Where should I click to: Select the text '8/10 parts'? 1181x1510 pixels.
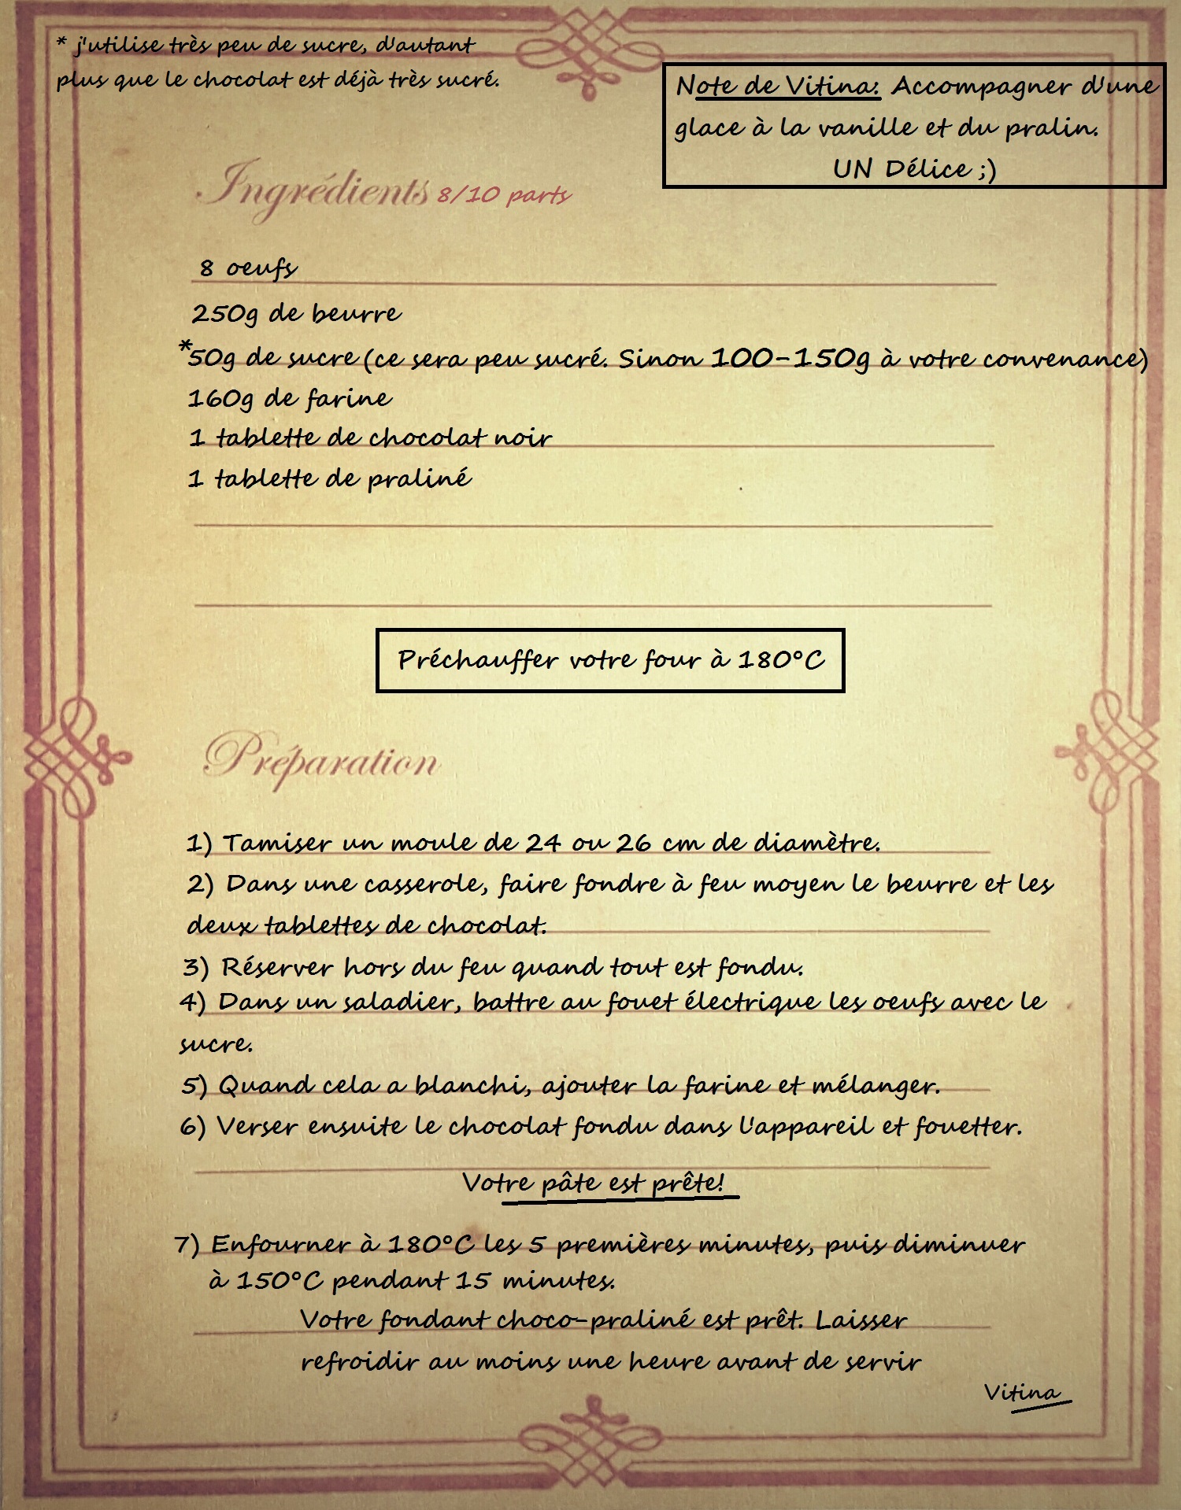[x=504, y=194]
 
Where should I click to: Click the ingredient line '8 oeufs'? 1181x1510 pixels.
[x=247, y=268]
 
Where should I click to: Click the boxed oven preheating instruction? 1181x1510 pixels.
[x=610, y=659]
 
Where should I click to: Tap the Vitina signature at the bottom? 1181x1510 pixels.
[x=1022, y=1392]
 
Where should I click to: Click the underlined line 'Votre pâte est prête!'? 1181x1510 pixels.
[x=594, y=1182]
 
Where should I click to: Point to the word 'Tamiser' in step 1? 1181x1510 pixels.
[x=276, y=844]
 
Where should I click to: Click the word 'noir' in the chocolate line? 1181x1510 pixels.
[x=523, y=437]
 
